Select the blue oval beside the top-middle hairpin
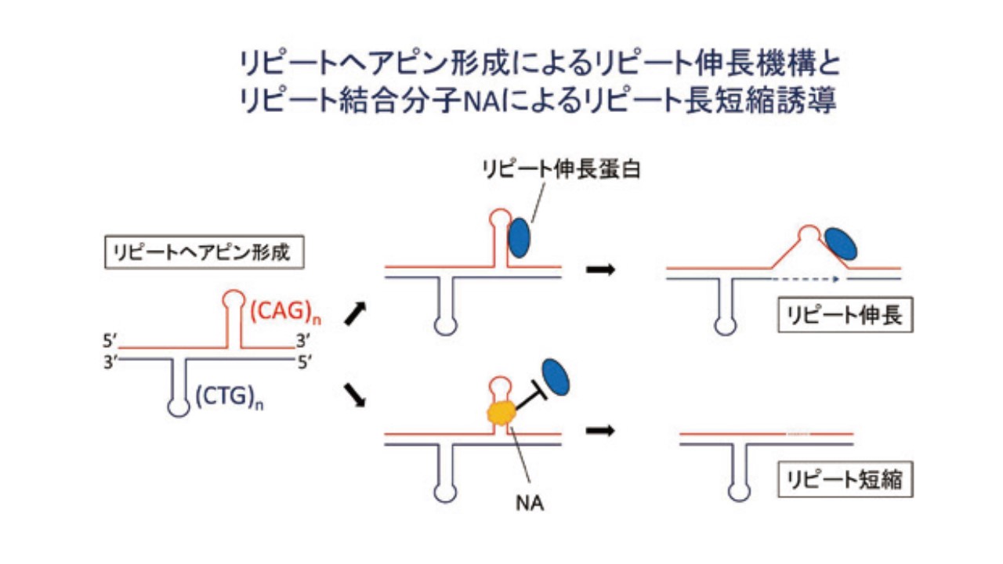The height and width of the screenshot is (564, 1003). [x=520, y=238]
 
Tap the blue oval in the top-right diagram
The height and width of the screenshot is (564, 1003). [x=841, y=243]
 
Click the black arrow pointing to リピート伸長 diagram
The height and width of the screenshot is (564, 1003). [x=601, y=270]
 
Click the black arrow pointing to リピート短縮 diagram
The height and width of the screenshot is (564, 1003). [x=601, y=431]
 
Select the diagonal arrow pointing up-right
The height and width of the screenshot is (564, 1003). [x=355, y=314]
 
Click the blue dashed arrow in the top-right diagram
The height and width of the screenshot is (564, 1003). [x=804, y=278]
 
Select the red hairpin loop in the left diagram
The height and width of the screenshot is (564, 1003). [x=233, y=299]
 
